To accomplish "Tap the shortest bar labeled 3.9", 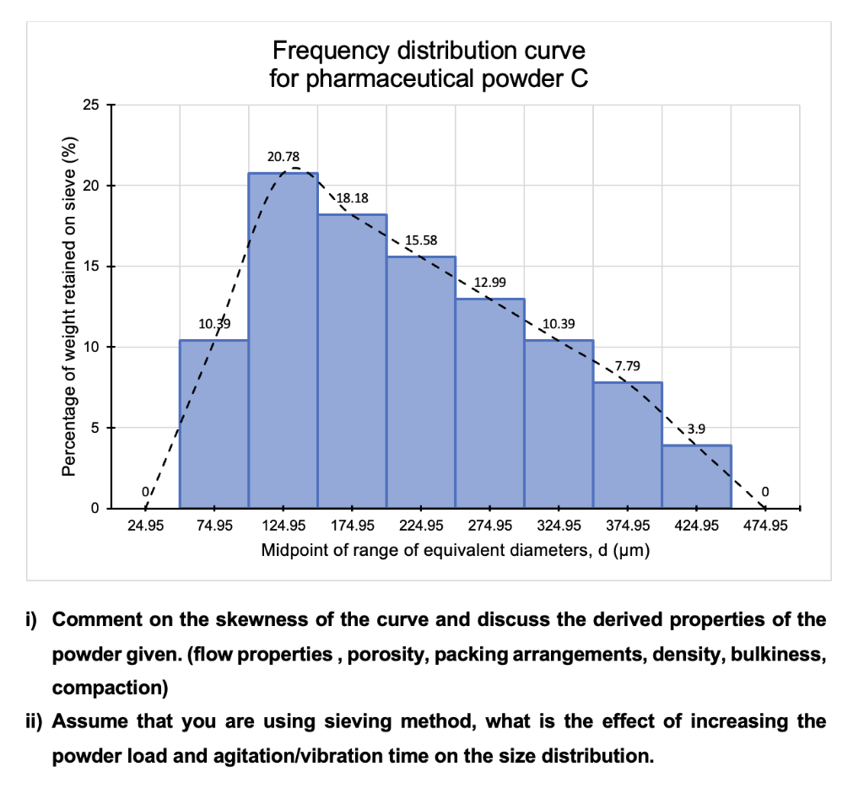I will click(x=696, y=477).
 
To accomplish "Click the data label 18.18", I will click(x=352, y=198).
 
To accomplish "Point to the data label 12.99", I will click(x=490, y=281).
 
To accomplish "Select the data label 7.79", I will click(x=629, y=365).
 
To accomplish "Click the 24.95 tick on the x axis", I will click(x=144, y=526).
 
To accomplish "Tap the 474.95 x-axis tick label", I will click(x=764, y=526).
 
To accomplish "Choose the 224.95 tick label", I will click(x=421, y=526).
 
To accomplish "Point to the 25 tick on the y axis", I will click(x=91, y=105).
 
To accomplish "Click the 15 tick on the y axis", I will click(x=91, y=267).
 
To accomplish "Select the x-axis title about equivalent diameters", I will click(x=454, y=551).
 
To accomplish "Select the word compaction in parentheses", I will click(x=107, y=688).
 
